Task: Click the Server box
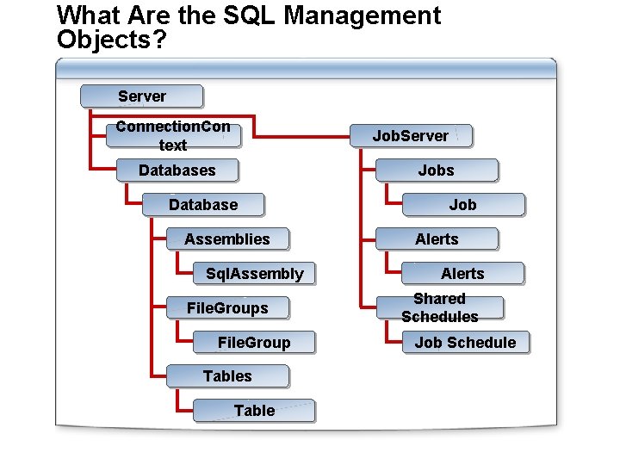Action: point(142,96)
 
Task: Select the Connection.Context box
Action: point(173,135)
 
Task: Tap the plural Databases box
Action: point(177,170)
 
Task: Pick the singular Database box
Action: point(203,205)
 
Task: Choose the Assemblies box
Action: point(227,239)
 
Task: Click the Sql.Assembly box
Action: point(254,274)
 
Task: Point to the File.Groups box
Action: point(227,308)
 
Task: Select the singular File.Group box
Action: point(254,343)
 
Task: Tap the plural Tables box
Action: point(227,376)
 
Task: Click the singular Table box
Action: point(254,411)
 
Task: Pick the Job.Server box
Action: point(410,136)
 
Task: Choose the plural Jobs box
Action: point(436,170)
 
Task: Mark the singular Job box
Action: point(462,205)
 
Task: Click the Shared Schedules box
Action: point(439,307)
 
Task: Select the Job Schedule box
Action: point(465,343)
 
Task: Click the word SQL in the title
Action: point(239,15)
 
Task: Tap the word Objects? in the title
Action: point(112,39)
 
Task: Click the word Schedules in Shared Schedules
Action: point(439,317)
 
